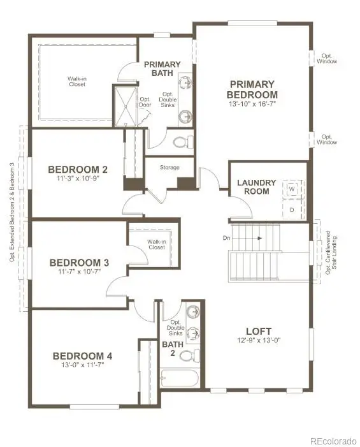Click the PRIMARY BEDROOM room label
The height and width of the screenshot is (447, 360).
(252, 89)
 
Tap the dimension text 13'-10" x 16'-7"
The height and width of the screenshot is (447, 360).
(252, 103)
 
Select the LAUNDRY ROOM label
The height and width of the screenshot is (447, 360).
(256, 187)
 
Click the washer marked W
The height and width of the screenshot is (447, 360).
(292, 189)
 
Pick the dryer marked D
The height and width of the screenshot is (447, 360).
(292, 209)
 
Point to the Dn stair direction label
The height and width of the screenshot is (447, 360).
(226, 238)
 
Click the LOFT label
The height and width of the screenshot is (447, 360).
(259, 331)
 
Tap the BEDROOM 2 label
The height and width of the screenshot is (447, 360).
(78, 170)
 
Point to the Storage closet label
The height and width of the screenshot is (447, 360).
(169, 168)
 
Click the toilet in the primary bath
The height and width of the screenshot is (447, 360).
(182, 141)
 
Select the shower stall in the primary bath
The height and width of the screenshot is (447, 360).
(126, 106)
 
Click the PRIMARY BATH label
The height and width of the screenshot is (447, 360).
(162, 69)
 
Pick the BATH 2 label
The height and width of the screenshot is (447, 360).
(172, 348)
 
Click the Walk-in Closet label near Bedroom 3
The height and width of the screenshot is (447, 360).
(156, 244)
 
